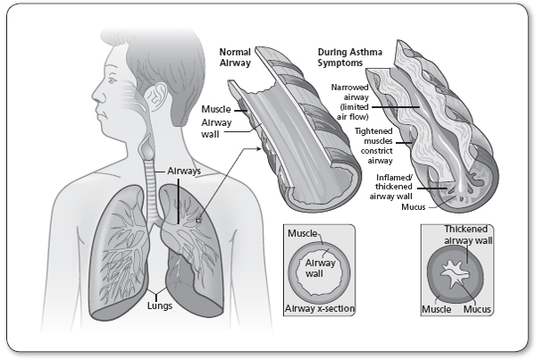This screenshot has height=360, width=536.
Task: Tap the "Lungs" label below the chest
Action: click(x=160, y=305)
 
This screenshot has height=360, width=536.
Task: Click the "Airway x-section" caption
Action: click(x=319, y=309)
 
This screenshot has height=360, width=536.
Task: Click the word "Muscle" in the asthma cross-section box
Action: click(x=436, y=309)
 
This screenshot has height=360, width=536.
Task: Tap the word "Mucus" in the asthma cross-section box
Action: click(x=478, y=309)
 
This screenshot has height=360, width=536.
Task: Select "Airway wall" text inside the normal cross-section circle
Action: click(x=319, y=269)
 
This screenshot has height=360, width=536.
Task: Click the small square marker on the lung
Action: click(x=199, y=217)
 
